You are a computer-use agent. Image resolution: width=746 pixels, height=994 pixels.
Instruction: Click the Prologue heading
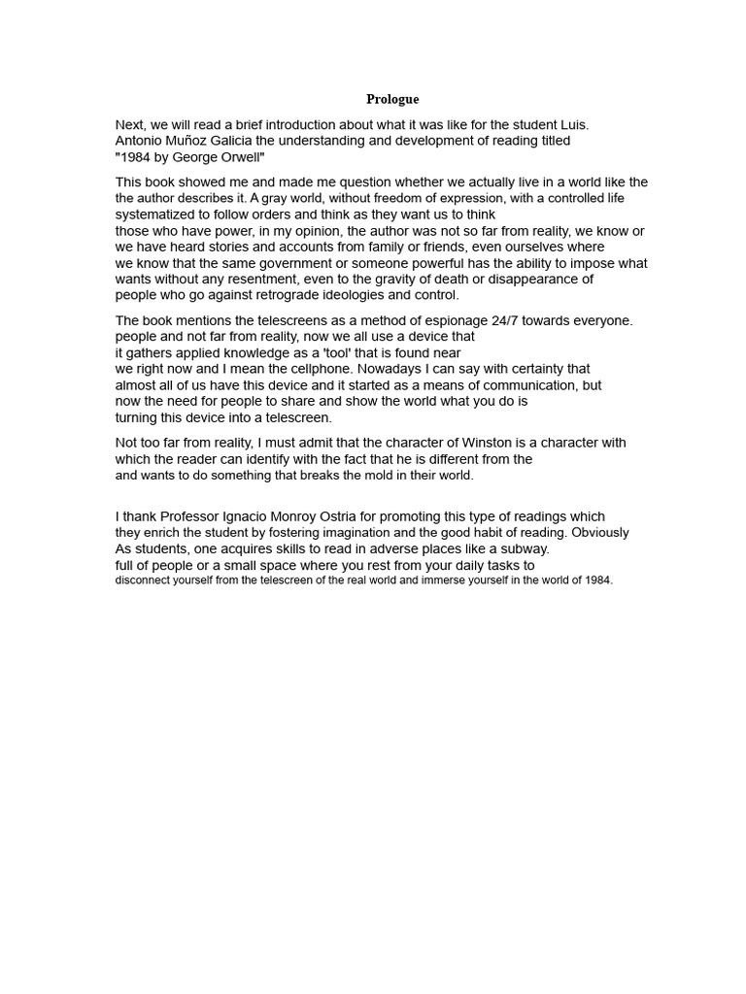pos(392,99)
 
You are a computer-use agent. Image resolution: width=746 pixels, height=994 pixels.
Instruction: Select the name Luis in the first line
pos(573,125)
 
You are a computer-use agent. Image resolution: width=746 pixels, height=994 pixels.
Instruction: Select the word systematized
pos(159,215)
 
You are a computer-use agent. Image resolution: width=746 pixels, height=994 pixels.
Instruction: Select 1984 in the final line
pos(598,580)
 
